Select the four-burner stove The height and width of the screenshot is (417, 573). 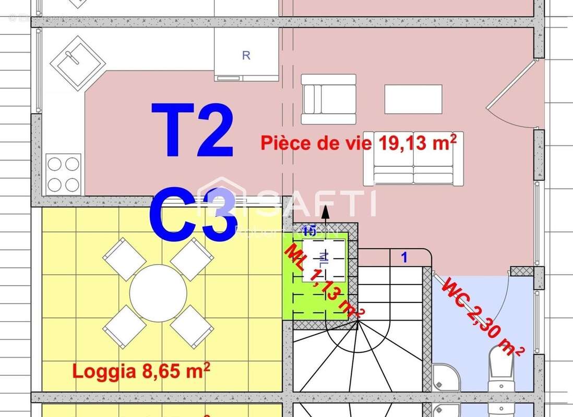63,174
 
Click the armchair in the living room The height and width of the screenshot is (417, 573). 329,99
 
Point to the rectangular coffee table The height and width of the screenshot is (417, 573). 413,99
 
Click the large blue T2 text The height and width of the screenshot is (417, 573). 192,130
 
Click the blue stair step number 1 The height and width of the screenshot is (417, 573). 403,256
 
